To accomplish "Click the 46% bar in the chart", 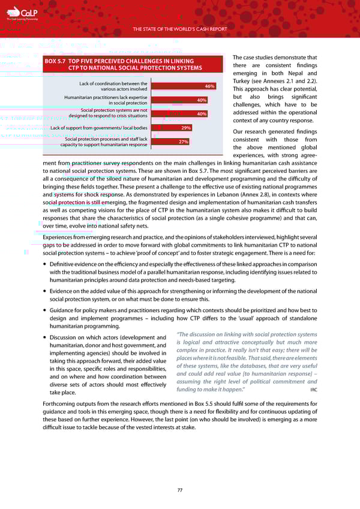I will click(x=183, y=86).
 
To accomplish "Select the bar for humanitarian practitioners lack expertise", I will click(x=179, y=100).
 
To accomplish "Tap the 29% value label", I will click(x=186, y=128).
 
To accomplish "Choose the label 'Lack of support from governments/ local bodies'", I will click(x=99, y=128).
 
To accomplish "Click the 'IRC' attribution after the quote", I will click(x=313, y=390).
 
